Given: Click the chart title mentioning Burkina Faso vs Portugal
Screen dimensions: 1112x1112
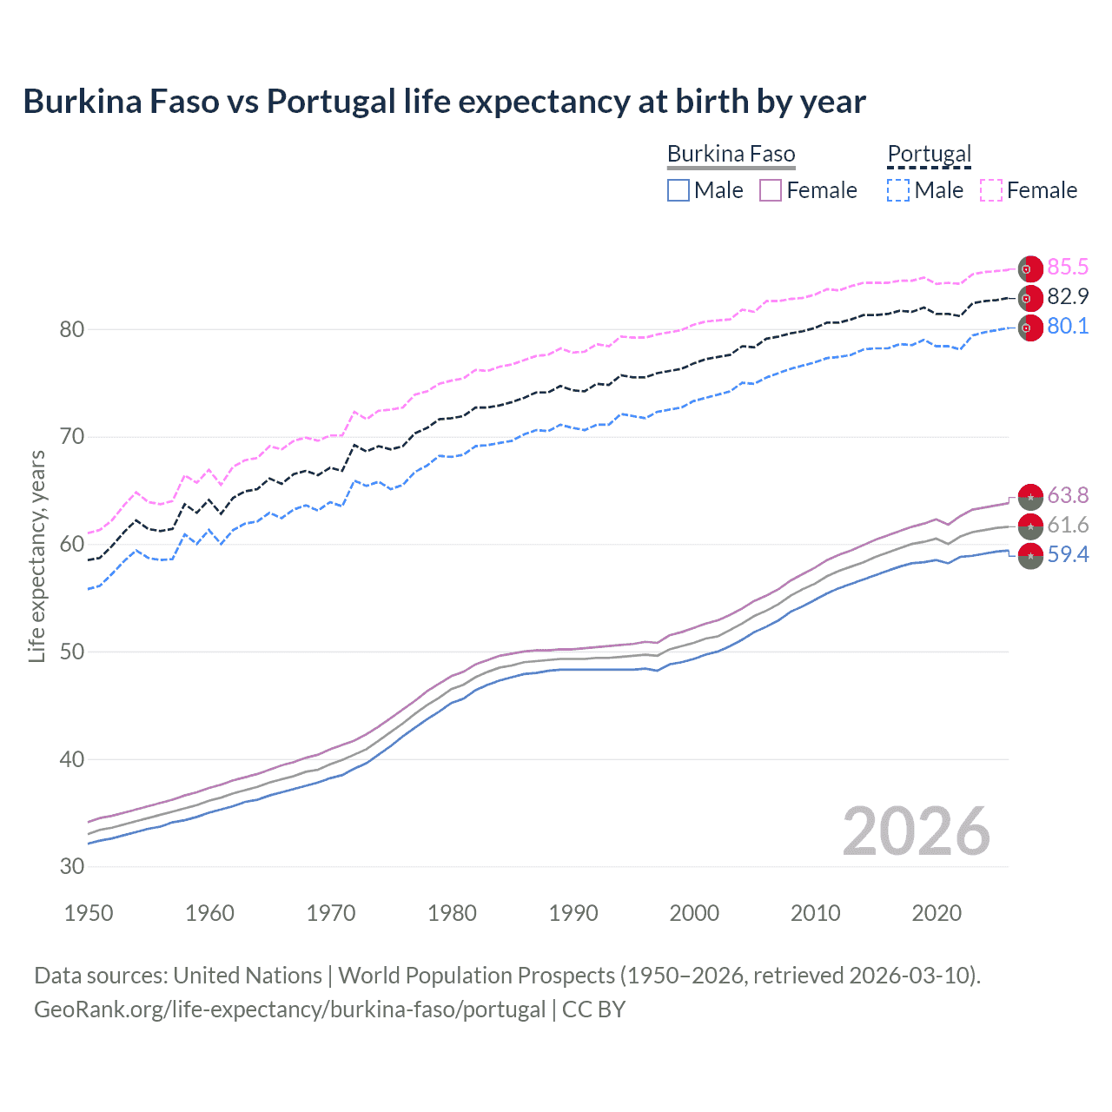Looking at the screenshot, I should (x=444, y=102).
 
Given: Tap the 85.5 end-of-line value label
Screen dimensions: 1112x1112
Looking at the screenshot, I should (x=1068, y=268).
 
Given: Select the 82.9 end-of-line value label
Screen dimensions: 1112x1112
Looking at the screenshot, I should (x=1068, y=297).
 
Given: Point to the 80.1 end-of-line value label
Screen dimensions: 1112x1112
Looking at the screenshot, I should (x=1068, y=327).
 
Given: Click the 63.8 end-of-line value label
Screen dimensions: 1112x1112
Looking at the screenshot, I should (x=1068, y=496).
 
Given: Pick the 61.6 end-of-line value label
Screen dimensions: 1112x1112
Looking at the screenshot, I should (x=1068, y=526).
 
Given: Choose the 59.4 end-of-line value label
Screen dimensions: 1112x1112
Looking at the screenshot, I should (x=1068, y=555).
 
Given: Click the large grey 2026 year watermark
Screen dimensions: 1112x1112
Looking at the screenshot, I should (x=916, y=831).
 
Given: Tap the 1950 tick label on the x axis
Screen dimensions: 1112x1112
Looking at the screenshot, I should (x=89, y=913).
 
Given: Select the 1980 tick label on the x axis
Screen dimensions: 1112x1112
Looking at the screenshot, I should (x=452, y=913).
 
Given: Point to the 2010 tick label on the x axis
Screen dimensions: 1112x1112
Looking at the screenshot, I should (x=815, y=913).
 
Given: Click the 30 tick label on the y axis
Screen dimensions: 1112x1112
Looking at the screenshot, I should (x=72, y=866).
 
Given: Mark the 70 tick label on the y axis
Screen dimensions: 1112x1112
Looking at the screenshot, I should (x=72, y=437).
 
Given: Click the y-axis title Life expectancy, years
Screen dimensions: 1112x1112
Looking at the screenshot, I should (x=37, y=557).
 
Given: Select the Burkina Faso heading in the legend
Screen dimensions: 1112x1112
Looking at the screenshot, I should (x=731, y=155).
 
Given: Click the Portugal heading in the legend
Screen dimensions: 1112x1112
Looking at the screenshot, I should (x=929, y=155).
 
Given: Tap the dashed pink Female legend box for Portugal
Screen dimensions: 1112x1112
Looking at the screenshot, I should (x=991, y=190).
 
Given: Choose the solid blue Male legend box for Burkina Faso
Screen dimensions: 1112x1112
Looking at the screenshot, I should (x=678, y=190).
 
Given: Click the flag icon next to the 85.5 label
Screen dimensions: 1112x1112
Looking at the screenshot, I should (x=1029, y=269).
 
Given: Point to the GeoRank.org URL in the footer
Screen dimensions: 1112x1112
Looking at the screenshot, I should (x=289, y=1009).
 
